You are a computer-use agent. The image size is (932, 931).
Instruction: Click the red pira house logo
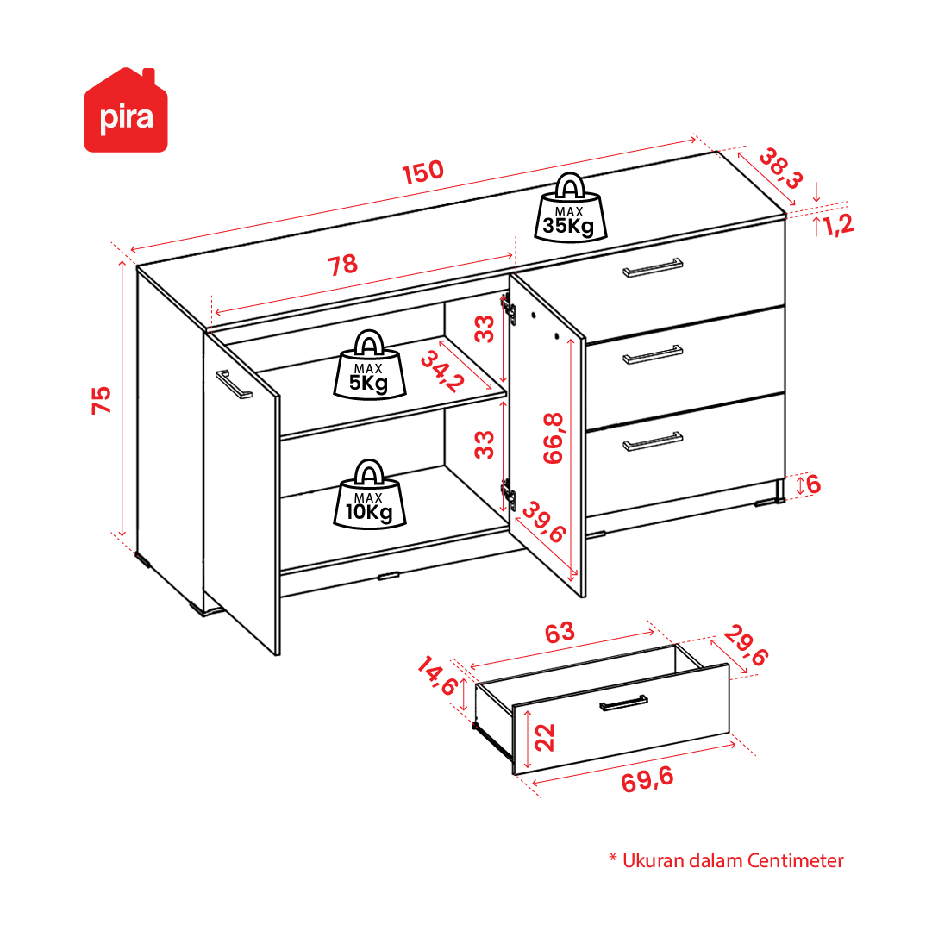pyautogui.click(x=126, y=110)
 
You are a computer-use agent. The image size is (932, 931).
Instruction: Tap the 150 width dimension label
pyautogui.click(x=422, y=172)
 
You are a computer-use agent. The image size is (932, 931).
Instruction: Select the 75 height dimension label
pyautogui.click(x=101, y=400)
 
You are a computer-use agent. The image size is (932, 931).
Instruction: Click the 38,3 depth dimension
pyautogui.click(x=781, y=168)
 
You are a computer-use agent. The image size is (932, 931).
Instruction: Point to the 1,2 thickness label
pyautogui.click(x=838, y=225)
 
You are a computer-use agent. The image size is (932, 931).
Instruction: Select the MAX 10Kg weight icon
pyautogui.click(x=369, y=494)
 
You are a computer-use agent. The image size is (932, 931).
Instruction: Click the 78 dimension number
pyautogui.click(x=342, y=265)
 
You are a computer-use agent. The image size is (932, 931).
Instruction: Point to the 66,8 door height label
pyautogui.click(x=553, y=438)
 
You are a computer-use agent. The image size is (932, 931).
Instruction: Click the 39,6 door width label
pyautogui.click(x=544, y=522)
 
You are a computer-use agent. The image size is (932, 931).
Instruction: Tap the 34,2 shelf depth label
pyautogui.click(x=441, y=372)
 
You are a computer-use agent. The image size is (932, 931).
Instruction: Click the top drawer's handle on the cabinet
pyautogui.click(x=653, y=268)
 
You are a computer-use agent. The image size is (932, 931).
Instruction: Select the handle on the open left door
pyautogui.click(x=235, y=384)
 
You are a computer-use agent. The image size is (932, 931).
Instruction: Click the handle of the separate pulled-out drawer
pyautogui.click(x=623, y=703)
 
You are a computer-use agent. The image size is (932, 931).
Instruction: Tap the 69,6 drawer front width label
pyautogui.click(x=647, y=779)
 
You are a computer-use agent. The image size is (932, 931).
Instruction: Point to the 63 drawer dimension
pyautogui.click(x=560, y=634)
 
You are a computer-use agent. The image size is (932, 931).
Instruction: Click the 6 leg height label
pyautogui.click(x=813, y=484)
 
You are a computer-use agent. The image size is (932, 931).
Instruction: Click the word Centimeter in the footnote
pyautogui.click(x=795, y=860)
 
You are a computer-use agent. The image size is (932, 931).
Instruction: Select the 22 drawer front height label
pyautogui.click(x=545, y=738)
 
